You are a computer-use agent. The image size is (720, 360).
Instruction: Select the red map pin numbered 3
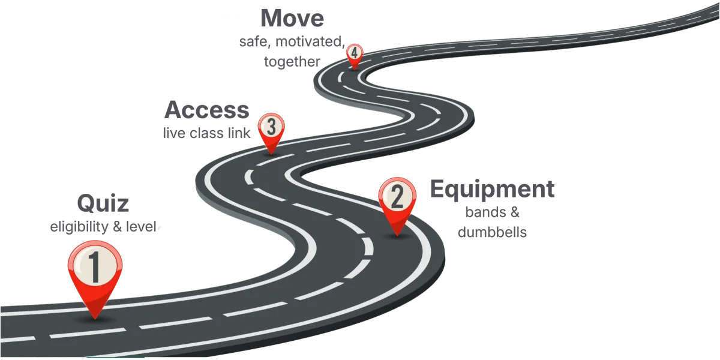[x=271, y=128]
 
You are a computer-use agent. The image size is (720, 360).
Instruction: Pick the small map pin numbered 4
[x=355, y=54]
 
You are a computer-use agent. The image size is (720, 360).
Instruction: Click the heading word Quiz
[x=103, y=204]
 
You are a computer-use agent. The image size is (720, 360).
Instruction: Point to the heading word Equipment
[x=493, y=190]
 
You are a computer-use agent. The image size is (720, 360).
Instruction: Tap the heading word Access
[x=206, y=110]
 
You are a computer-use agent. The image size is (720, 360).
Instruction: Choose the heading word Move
[x=293, y=18]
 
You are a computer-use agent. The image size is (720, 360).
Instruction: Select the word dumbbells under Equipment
[x=492, y=232]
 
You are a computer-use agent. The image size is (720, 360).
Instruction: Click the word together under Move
[x=292, y=62]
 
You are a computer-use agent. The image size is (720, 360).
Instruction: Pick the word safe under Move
[x=253, y=43]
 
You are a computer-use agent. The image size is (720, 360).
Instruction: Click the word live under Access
[x=175, y=134]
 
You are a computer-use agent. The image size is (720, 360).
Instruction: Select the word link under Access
[x=239, y=134]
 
